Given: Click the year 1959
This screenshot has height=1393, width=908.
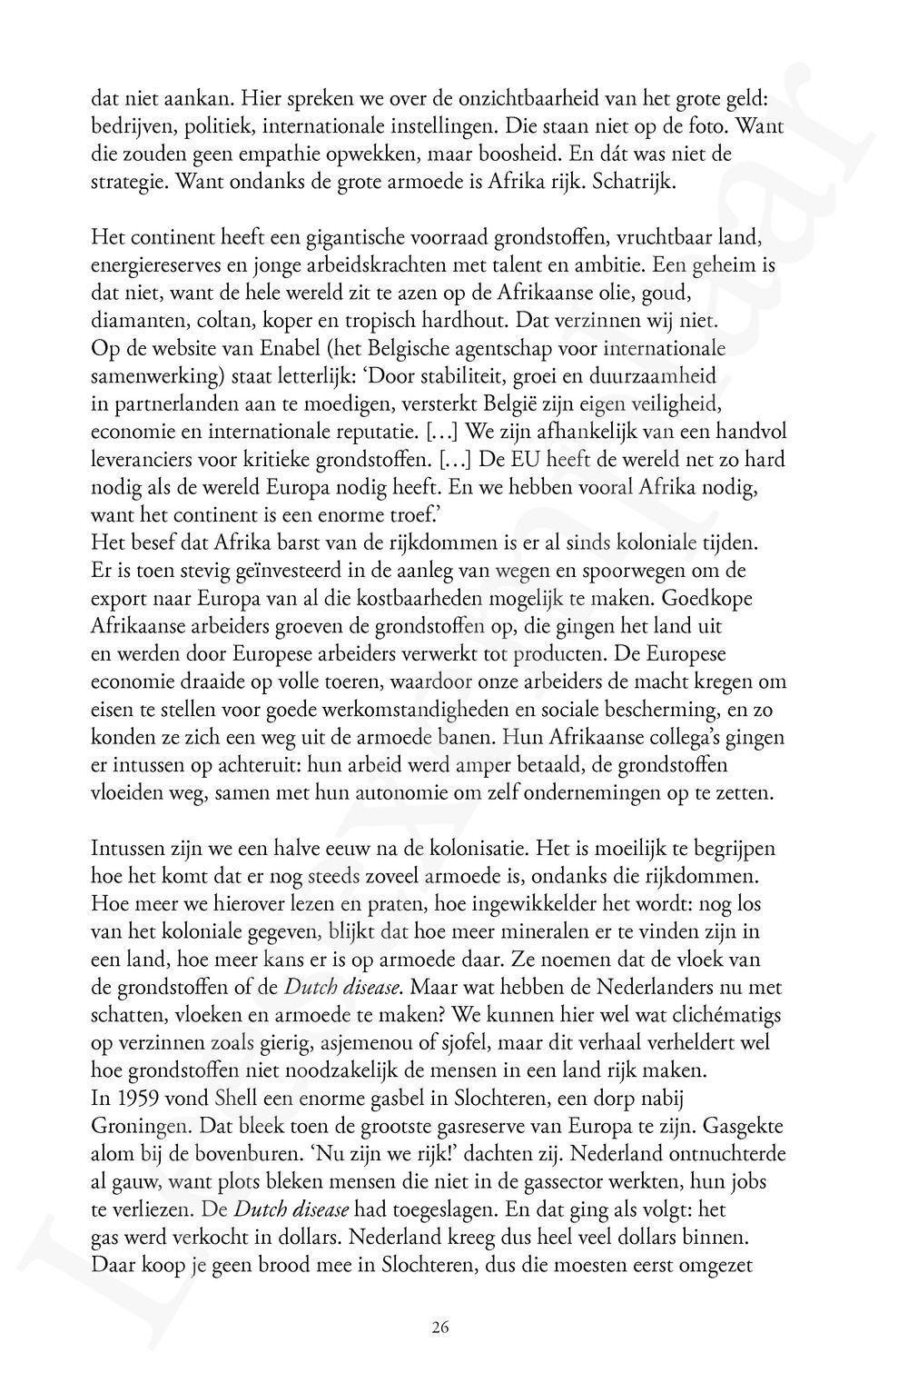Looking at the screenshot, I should click(135, 1098).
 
